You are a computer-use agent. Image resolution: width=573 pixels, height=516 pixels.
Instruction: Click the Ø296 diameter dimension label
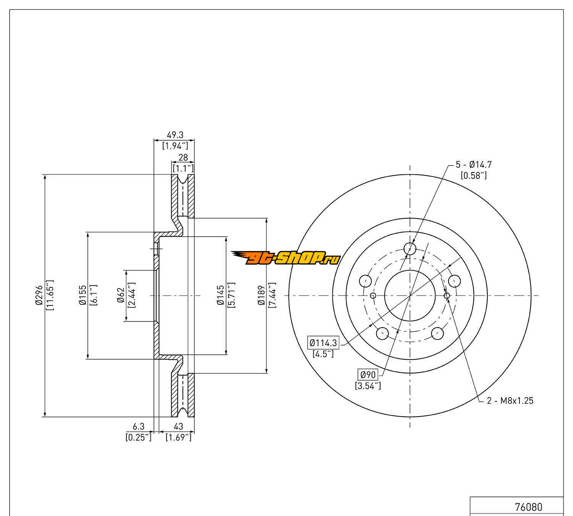tap(39, 295)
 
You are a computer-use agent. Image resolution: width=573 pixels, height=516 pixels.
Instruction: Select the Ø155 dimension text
tap(83, 295)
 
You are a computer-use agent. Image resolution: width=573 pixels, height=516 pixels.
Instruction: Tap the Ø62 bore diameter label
tap(121, 295)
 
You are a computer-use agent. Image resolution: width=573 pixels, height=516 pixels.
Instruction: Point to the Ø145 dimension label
tap(220, 295)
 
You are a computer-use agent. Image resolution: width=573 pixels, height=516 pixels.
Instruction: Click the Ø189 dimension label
tap(262, 295)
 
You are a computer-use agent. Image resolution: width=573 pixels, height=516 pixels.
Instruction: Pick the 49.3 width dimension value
tap(175, 135)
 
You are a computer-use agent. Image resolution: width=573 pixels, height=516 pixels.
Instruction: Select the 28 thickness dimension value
tap(183, 157)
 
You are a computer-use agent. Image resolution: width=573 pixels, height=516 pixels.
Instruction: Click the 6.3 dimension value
tap(139, 427)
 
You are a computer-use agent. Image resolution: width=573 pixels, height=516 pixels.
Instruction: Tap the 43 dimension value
tap(178, 427)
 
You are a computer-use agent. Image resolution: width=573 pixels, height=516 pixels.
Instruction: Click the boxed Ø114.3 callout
tap(323, 343)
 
